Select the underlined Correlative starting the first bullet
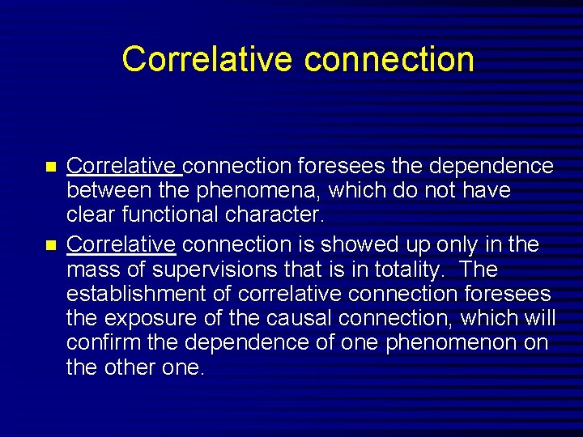click(122, 167)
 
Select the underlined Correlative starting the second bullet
click(121, 244)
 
